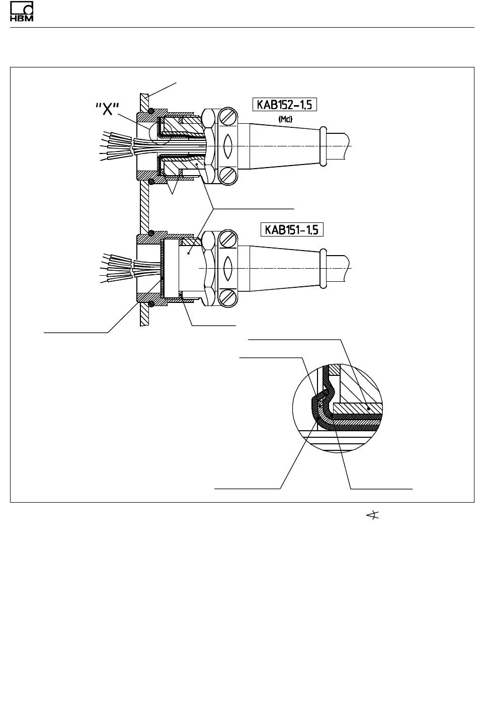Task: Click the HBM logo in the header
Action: coord(22,11)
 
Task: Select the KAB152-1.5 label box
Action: coord(285,105)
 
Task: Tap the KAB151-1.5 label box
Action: coord(292,229)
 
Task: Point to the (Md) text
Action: coord(285,119)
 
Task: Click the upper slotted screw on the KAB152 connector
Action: coord(229,117)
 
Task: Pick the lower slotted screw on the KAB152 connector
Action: coord(229,176)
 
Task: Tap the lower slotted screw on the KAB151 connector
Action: coord(229,298)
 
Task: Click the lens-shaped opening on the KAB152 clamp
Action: coord(228,146)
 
